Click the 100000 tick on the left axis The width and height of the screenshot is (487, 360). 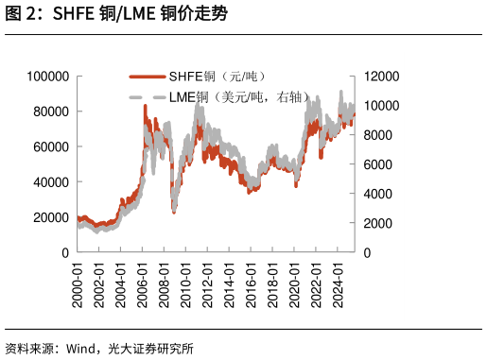[x=49, y=76]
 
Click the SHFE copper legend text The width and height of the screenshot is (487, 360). [x=217, y=76]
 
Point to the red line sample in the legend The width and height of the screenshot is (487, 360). [x=147, y=77]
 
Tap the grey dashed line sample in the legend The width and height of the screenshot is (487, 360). [x=147, y=97]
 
